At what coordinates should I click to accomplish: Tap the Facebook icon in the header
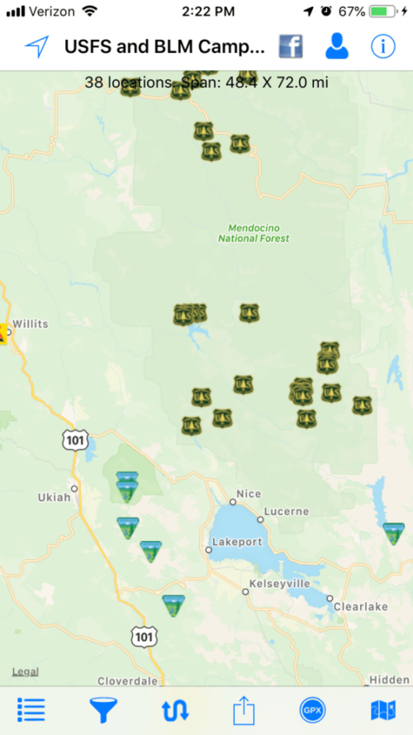tap(290, 47)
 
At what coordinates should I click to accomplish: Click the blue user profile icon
tap(336, 47)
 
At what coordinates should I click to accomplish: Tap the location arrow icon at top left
tap(36, 47)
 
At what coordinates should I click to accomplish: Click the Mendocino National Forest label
tap(254, 233)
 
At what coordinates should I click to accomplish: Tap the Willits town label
tap(30, 324)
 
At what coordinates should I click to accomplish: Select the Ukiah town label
tap(55, 497)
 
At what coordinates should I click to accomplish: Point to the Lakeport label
tap(237, 542)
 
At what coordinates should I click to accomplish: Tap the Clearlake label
tap(360, 606)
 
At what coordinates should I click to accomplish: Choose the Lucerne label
tap(287, 511)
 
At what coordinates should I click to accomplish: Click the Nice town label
tap(249, 494)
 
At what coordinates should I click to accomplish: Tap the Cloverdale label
tap(126, 681)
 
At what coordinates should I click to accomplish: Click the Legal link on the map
tap(25, 671)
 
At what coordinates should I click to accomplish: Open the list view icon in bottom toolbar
tap(31, 710)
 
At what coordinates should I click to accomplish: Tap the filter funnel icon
tap(103, 710)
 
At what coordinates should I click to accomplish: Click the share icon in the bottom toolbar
tap(242, 710)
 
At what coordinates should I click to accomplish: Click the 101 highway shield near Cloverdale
tap(142, 636)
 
